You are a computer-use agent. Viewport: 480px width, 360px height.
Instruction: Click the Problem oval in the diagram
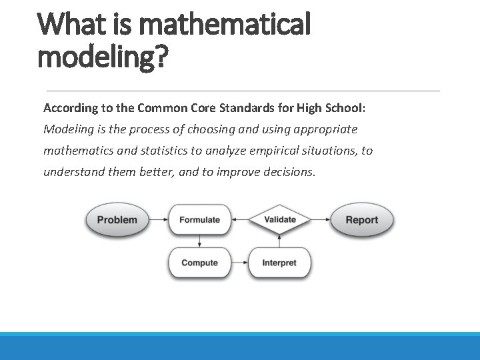tap(117, 220)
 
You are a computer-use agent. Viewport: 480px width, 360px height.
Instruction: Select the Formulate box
tap(199, 220)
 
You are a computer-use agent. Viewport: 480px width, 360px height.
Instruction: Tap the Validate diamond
tap(280, 219)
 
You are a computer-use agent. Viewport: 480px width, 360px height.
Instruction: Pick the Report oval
tap(362, 220)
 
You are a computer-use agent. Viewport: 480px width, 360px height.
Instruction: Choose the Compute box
tap(199, 263)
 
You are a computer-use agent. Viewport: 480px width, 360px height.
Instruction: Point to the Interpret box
tap(279, 263)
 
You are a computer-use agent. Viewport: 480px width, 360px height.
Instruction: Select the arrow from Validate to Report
tap(320, 220)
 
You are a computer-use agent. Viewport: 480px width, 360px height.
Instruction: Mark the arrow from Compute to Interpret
tap(239, 263)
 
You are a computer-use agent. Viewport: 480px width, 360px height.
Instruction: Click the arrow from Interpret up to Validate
tap(280, 241)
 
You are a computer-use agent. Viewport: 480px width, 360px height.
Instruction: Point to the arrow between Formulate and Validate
tap(239, 220)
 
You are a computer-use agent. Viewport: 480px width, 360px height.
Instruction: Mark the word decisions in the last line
tap(289, 172)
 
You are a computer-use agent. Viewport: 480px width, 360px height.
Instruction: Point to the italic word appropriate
tap(325, 129)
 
